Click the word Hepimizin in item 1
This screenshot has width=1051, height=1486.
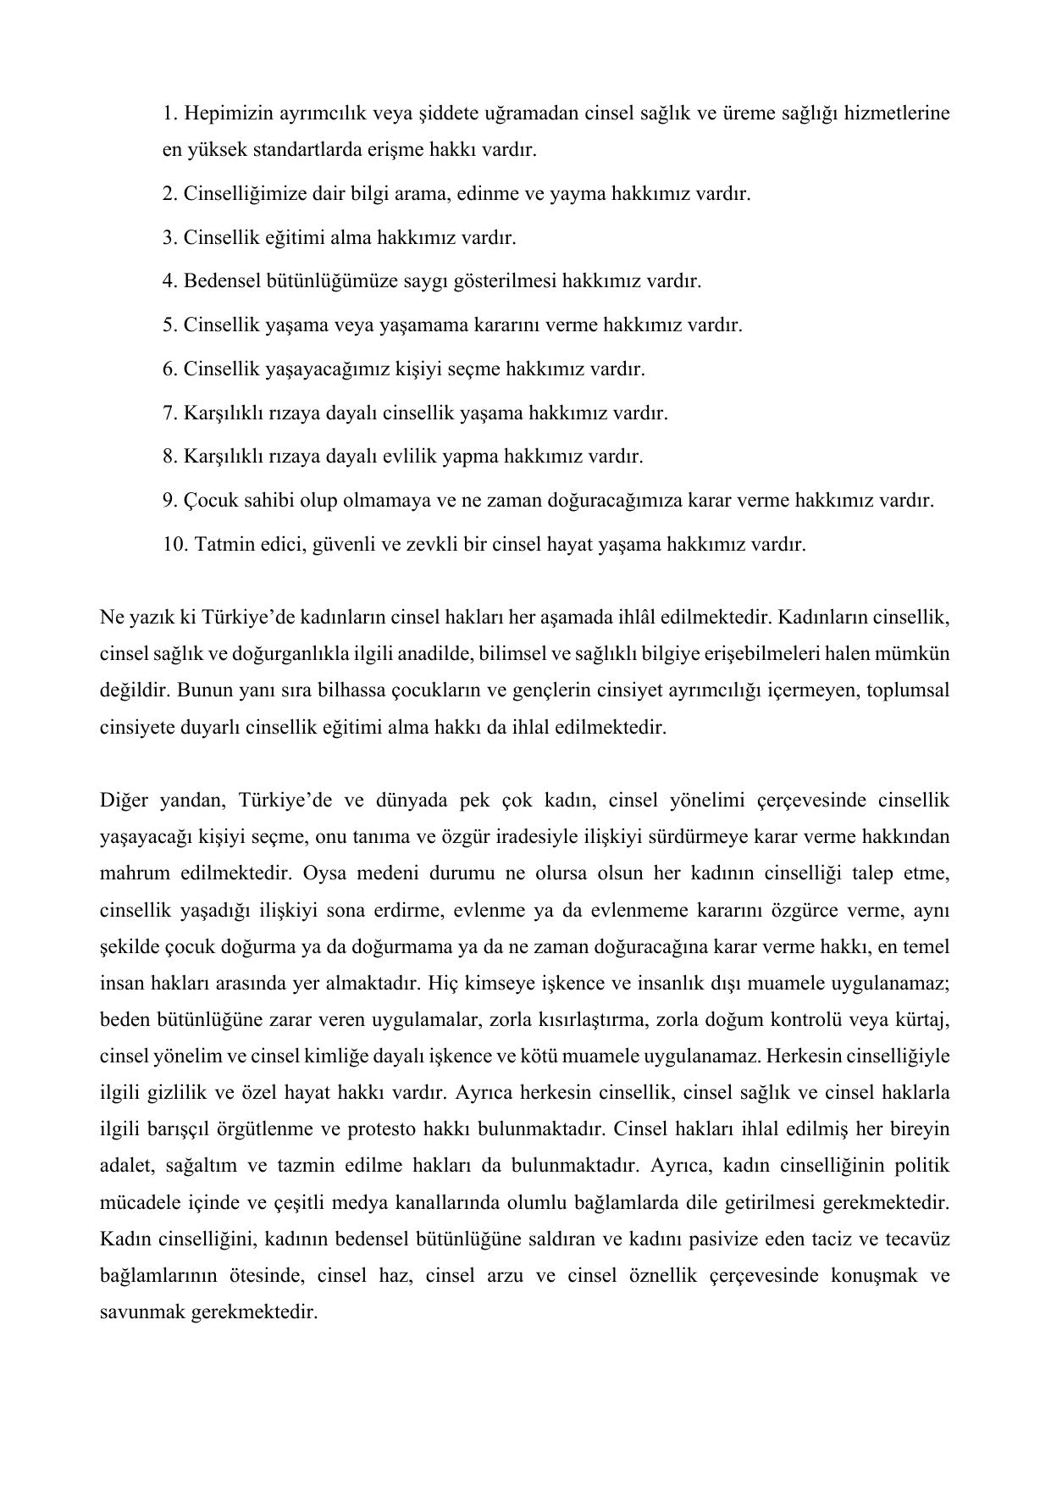[223, 113]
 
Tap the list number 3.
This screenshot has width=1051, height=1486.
[169, 237]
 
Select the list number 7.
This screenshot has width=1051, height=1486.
[169, 413]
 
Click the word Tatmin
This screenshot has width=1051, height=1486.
[221, 544]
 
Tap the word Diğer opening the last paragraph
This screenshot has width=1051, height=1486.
[124, 801]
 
